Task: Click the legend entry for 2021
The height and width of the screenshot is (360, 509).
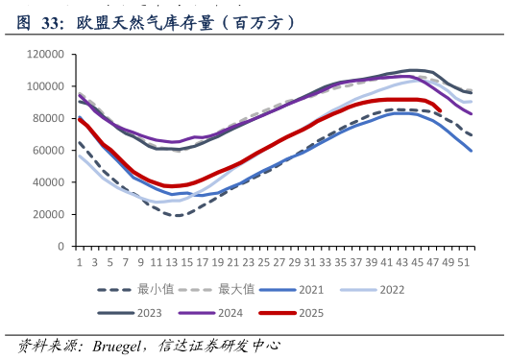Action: pyautogui.click(x=292, y=290)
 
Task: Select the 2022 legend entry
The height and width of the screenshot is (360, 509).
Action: pyautogui.click(x=373, y=290)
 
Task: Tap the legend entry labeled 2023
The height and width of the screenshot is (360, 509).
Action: pyautogui.click(x=130, y=313)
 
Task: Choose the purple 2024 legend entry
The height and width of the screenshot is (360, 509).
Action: pyautogui.click(x=210, y=313)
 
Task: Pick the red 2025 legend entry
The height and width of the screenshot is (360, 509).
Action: pyautogui.click(x=292, y=313)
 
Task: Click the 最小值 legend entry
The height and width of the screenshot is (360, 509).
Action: pyautogui.click(x=135, y=289)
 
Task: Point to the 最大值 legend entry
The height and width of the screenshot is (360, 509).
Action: pyautogui.click(x=216, y=289)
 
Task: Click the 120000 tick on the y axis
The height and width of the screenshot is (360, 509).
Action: pyautogui.click(x=45, y=54)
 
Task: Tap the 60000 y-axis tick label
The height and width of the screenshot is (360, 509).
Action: pyautogui.click(x=48, y=151)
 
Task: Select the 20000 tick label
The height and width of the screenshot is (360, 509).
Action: pyautogui.click(x=48, y=215)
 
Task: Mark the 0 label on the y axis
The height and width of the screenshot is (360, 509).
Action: pyautogui.click(x=61, y=247)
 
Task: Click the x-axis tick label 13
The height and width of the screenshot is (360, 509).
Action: pyautogui.click(x=171, y=262)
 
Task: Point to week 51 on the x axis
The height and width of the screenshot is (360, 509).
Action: pyautogui.click(x=464, y=262)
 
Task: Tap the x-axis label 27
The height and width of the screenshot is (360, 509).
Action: pyautogui.click(x=279, y=262)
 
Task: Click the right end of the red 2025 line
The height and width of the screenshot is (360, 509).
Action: pyautogui.click(x=440, y=110)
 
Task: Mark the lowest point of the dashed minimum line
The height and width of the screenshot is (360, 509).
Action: pyautogui.click(x=179, y=216)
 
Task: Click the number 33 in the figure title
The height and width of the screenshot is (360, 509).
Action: pyautogui.click(x=50, y=23)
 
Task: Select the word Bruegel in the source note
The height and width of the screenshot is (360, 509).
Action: pyautogui.click(x=116, y=347)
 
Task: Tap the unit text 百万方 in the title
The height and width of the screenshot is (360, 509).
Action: pyautogui.click(x=257, y=23)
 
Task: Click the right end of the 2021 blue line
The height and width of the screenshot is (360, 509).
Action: pyautogui.click(x=471, y=151)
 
